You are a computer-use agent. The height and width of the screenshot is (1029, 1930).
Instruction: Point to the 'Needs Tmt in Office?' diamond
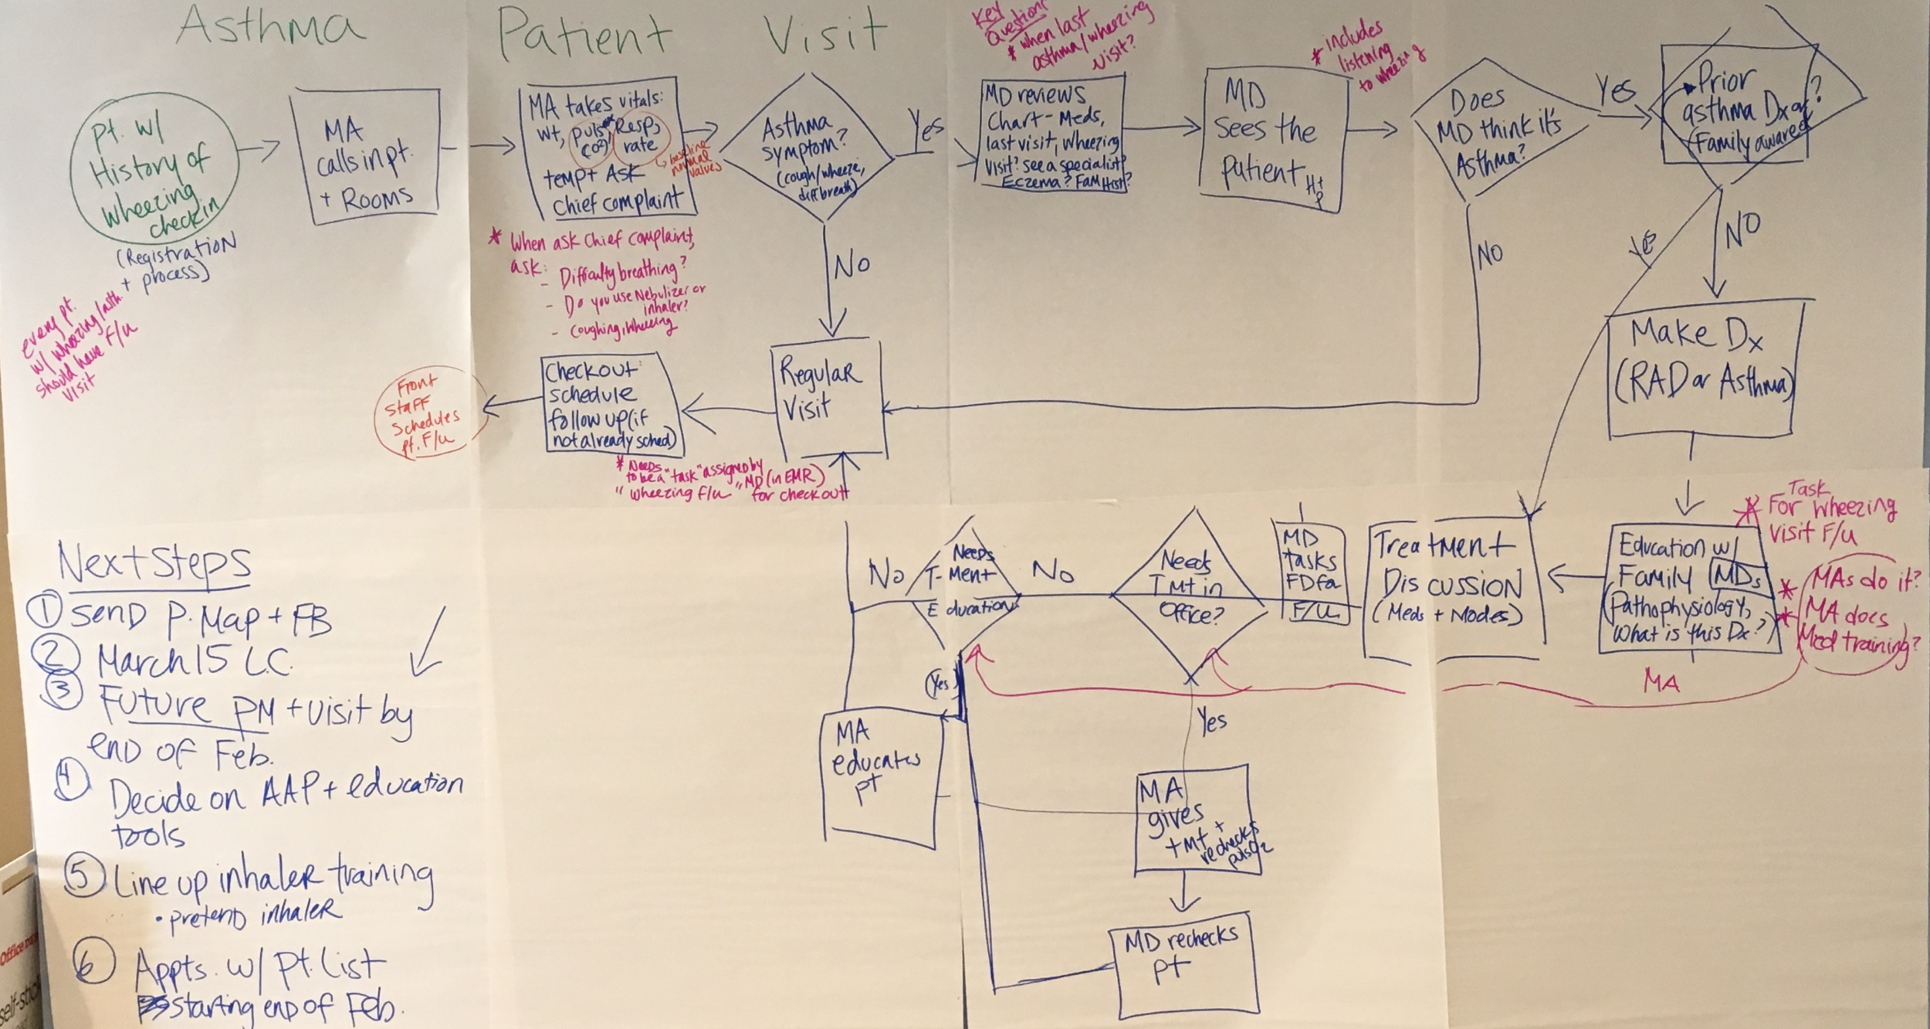(1190, 594)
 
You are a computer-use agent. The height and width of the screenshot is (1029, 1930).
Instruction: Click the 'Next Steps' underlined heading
(154, 565)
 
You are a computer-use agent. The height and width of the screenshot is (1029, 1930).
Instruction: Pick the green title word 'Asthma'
(269, 28)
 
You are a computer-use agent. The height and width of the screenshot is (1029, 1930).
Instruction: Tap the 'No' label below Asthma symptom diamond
(852, 266)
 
